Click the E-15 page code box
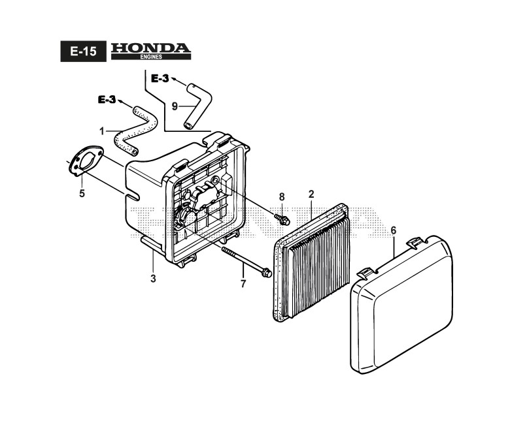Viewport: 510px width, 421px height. pyautogui.click(x=82, y=52)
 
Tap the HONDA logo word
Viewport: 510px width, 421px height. pyautogui.click(x=150, y=48)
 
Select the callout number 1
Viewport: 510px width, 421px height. pyautogui.click(x=102, y=131)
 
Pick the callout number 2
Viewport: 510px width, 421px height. pyautogui.click(x=311, y=194)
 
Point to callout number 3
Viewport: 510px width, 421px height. pyautogui.click(x=153, y=278)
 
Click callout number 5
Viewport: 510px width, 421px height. pyautogui.click(x=82, y=193)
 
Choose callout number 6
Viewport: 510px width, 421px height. pyautogui.click(x=394, y=230)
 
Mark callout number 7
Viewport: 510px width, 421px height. pyautogui.click(x=243, y=283)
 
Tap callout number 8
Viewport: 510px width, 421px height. pyautogui.click(x=282, y=196)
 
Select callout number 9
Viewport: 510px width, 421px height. pyautogui.click(x=175, y=106)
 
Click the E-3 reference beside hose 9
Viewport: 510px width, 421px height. pyautogui.click(x=160, y=78)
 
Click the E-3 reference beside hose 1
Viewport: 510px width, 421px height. pyautogui.click(x=107, y=99)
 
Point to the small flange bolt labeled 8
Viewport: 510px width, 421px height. pyautogui.click(x=283, y=220)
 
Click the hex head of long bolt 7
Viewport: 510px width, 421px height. pyautogui.click(x=266, y=273)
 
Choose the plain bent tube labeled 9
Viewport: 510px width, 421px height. pyautogui.click(x=196, y=102)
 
